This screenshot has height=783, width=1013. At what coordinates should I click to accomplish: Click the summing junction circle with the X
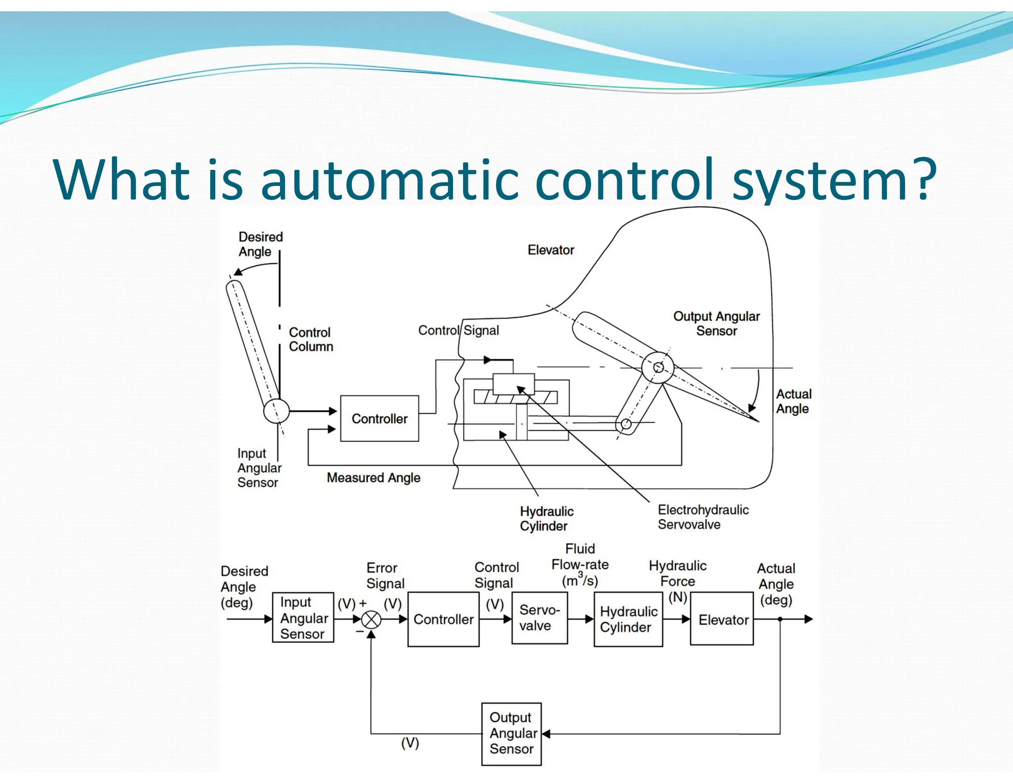pos(371,619)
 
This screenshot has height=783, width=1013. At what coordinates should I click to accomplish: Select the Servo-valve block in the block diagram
pos(539,618)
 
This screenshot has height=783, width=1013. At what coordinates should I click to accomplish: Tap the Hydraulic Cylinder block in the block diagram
pos(628,619)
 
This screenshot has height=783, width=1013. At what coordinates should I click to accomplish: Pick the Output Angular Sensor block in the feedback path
pos(511,734)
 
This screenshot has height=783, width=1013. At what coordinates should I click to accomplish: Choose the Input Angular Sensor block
pos(303,618)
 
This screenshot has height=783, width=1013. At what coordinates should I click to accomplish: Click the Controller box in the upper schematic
pos(379,419)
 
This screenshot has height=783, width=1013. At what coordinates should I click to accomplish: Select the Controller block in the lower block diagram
pos(443,619)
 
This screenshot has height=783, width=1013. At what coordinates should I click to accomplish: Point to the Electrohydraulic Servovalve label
pos(702,517)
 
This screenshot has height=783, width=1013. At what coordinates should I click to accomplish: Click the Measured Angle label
pos(373,478)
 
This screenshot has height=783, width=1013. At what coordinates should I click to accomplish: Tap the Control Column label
pos(311,340)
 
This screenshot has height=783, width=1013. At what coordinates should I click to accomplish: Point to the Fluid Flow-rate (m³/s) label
pos(580,565)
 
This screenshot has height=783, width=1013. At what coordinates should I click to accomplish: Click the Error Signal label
pos(385,576)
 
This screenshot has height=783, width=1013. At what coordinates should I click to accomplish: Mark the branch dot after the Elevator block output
pos(780,619)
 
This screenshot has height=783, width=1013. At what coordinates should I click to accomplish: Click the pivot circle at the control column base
pos(276,411)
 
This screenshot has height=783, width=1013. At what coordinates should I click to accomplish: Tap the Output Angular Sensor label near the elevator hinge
pos(716,323)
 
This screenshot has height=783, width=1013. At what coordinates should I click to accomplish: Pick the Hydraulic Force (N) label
pos(678,580)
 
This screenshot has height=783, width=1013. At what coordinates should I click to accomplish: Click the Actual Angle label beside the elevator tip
pos(793,401)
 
